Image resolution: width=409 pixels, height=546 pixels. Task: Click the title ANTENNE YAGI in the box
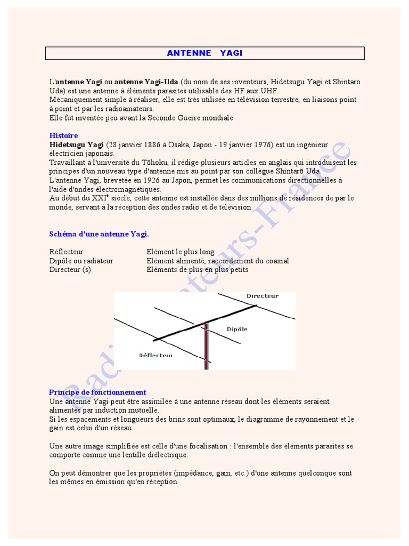coord(204,53)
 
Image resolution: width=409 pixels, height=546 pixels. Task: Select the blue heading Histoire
coord(63,135)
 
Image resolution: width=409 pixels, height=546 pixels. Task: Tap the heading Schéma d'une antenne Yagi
coord(99,234)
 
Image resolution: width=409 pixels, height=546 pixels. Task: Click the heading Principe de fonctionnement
coord(97,392)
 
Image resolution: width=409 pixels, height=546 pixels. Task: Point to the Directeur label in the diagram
coord(262,295)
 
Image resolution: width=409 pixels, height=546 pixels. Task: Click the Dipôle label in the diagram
coord(237,329)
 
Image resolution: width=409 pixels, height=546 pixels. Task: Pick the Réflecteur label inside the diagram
coord(156,355)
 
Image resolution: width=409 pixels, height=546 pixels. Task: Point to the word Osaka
coord(178,144)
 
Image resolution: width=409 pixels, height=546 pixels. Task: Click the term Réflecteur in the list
coord(67,252)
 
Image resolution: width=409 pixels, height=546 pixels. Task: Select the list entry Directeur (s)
coord(70,270)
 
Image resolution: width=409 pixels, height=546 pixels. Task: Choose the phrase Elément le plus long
coord(181,252)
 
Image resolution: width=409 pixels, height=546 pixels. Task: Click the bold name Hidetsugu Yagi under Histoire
coord(77,144)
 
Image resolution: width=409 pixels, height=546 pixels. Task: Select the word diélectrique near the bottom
coord(165,455)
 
